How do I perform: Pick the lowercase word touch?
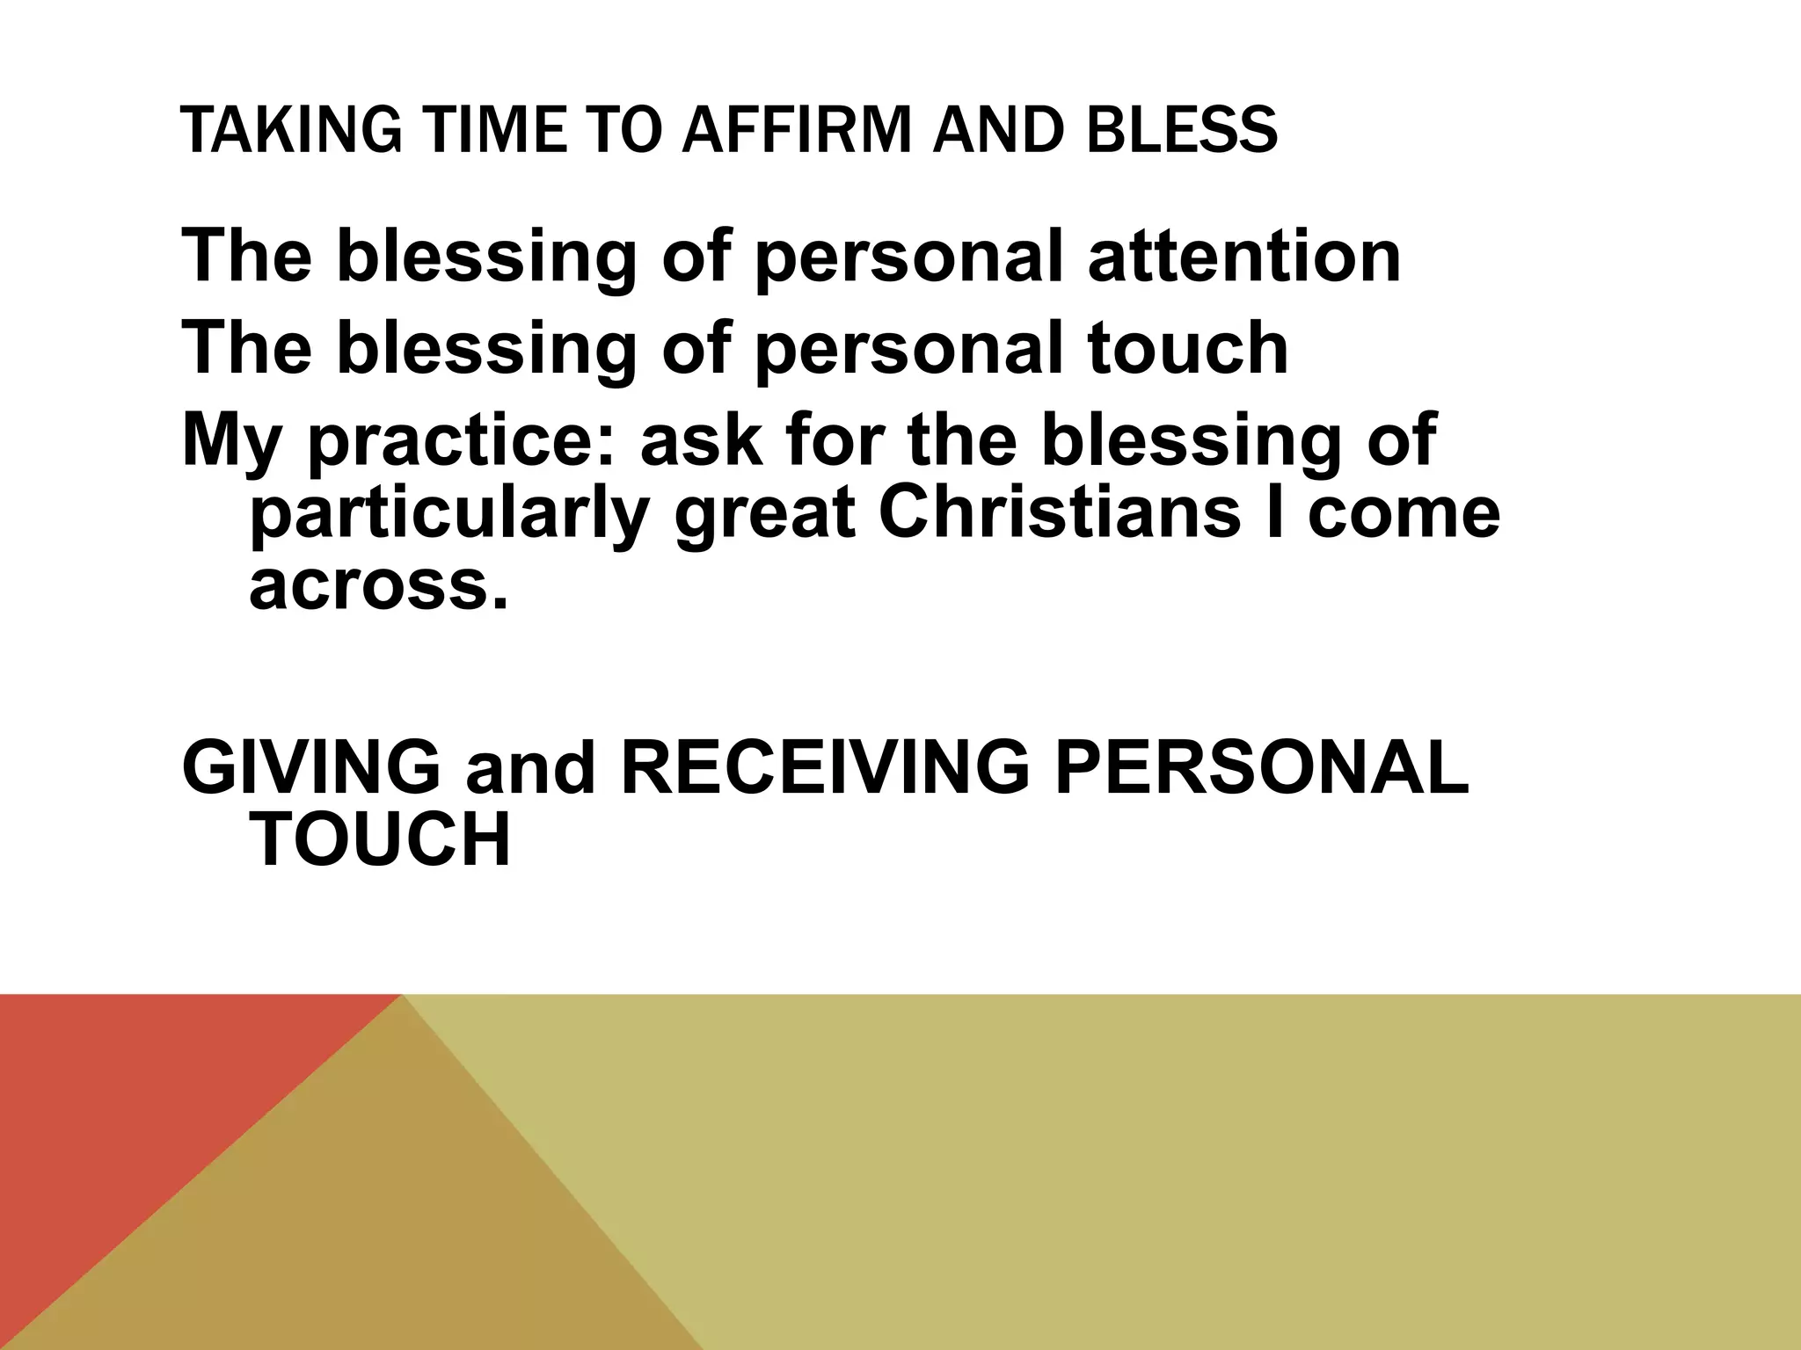[1187, 348]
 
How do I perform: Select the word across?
[379, 587]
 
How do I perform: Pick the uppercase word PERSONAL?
[1261, 766]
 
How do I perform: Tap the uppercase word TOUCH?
[380, 839]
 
